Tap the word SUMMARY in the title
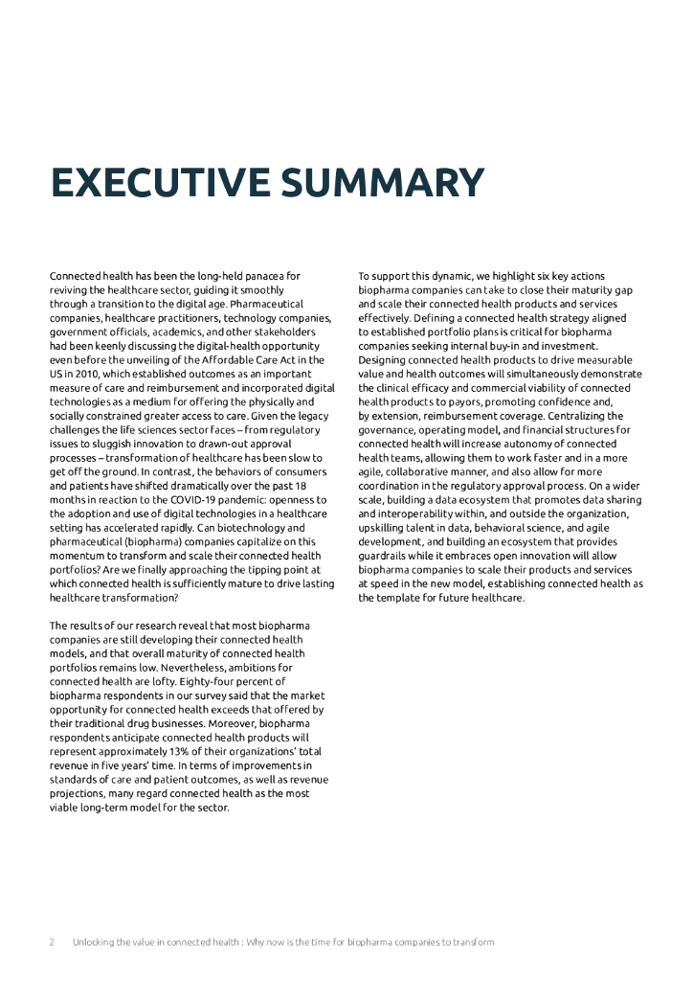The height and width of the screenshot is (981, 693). click(x=374, y=184)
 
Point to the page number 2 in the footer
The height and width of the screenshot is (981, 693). click(x=52, y=942)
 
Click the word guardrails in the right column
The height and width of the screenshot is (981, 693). click(x=385, y=556)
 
